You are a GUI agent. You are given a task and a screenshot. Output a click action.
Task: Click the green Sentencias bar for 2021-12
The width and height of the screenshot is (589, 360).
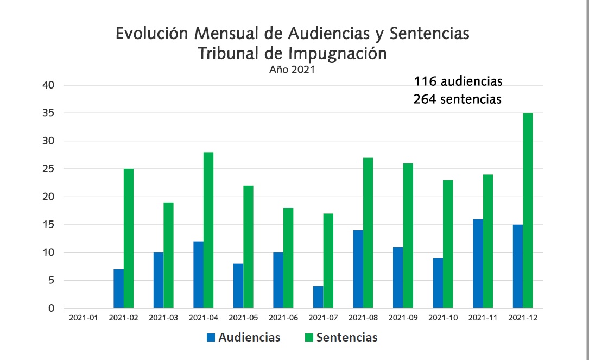pyautogui.click(x=528, y=211)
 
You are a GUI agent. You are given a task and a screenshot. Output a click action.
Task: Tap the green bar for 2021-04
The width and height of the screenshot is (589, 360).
pyautogui.click(x=208, y=230)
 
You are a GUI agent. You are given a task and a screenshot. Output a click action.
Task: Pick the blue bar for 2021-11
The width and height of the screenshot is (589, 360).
pyautogui.click(x=478, y=264)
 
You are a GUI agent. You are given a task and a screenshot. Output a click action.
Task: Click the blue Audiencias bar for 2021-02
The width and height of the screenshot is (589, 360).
pyautogui.click(x=118, y=289)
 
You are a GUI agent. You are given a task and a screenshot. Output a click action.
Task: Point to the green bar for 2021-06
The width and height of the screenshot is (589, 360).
pyautogui.click(x=288, y=258)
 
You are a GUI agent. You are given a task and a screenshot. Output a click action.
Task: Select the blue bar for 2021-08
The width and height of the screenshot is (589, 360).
pyautogui.click(x=358, y=269)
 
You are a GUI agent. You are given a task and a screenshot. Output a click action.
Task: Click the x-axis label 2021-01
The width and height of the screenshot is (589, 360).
pyautogui.click(x=84, y=318)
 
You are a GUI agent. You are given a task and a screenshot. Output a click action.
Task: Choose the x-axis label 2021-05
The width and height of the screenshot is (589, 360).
pyautogui.click(x=243, y=318)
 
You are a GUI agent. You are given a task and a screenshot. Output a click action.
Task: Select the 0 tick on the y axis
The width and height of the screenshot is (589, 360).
pyautogui.click(x=50, y=308)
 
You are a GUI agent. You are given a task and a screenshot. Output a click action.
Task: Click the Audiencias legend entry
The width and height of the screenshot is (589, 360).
pyautogui.click(x=249, y=337)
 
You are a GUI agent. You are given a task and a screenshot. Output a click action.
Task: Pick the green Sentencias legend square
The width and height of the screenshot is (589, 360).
pyautogui.click(x=308, y=338)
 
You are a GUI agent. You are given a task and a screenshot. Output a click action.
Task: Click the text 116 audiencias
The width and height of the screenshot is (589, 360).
pyautogui.click(x=458, y=82)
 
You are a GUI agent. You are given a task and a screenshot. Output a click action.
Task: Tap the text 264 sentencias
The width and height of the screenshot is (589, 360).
pyautogui.click(x=457, y=99)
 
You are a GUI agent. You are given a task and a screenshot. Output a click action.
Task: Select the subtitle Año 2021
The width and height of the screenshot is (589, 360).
pyautogui.click(x=292, y=70)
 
